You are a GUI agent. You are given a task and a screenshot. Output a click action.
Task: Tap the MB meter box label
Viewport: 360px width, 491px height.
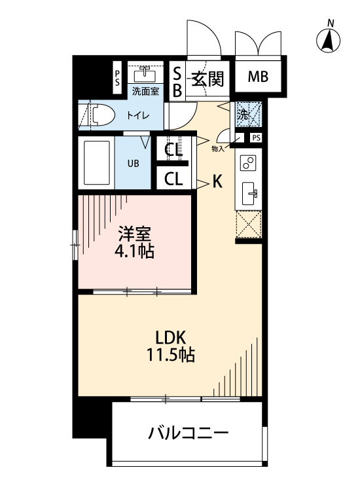coord(259,77)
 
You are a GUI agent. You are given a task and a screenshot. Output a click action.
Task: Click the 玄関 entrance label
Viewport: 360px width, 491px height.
coord(208,79)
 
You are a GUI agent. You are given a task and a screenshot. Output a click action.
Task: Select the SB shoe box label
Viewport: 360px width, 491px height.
coord(177,82)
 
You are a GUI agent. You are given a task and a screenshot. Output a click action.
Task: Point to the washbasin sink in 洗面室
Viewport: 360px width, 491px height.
coord(145,74)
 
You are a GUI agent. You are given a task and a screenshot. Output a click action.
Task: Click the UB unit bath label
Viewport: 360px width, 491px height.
coord(133,164)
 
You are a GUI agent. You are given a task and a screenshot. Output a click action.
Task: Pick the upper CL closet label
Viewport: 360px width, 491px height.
coord(173,150)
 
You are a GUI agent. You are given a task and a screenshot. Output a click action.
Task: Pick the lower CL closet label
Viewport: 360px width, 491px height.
coord(173,179)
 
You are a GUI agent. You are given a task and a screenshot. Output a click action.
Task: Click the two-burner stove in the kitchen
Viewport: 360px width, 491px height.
coord(248,163)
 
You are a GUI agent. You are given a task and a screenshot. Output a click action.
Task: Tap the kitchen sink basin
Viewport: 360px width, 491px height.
coord(250,194)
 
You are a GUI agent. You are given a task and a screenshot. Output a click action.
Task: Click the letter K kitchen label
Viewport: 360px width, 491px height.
coord(217,181)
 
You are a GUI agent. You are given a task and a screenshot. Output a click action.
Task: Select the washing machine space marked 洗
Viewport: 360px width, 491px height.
coord(248,115)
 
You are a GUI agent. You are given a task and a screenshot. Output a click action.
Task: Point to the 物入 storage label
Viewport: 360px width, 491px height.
coord(218,149)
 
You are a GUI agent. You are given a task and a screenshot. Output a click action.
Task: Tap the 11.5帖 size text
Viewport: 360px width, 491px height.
coord(171,355)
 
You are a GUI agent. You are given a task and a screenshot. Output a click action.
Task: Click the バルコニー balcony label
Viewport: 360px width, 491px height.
coord(189,433)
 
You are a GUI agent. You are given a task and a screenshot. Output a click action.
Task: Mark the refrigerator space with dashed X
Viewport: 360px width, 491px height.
coord(248,224)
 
